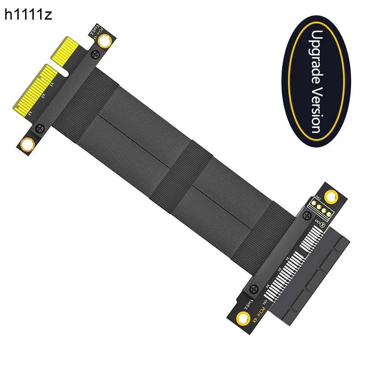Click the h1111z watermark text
[x=28, y=15]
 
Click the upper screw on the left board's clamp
[x=95, y=55]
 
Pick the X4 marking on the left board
[x=31, y=112]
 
